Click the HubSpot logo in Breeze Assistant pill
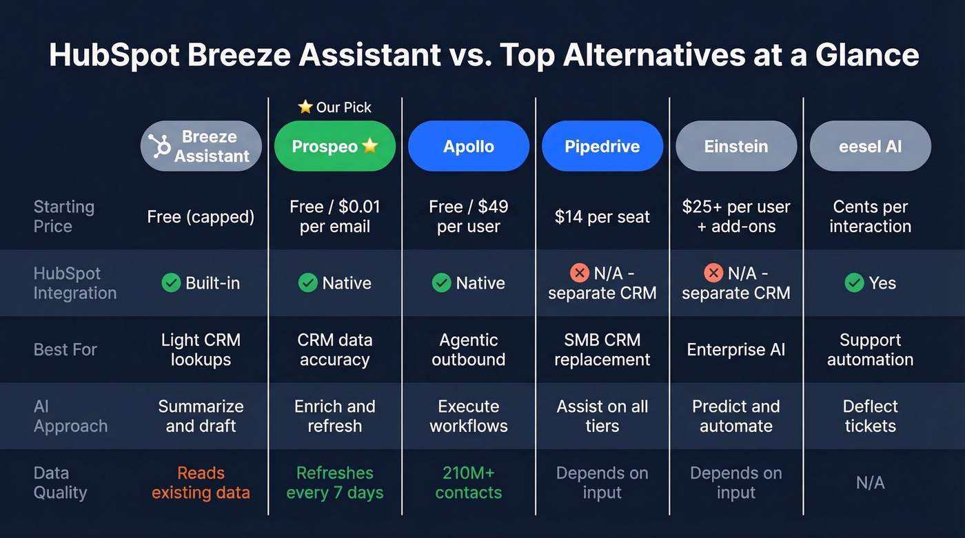(160, 146)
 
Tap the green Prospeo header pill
(334, 146)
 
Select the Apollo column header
(468, 146)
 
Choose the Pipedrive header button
(602, 146)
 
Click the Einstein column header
(735, 146)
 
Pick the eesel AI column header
(870, 146)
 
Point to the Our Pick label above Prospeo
(335, 107)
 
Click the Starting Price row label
(64, 216)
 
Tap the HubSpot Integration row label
(74, 283)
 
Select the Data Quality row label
(61, 483)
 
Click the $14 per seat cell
(602, 217)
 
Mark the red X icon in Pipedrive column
(579, 273)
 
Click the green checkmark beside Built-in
(171, 283)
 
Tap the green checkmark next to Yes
(854, 283)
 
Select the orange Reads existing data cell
(201, 483)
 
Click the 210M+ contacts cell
(468, 483)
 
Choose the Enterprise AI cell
(735, 349)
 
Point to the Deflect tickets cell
(870, 416)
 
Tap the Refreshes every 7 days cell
(334, 483)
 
